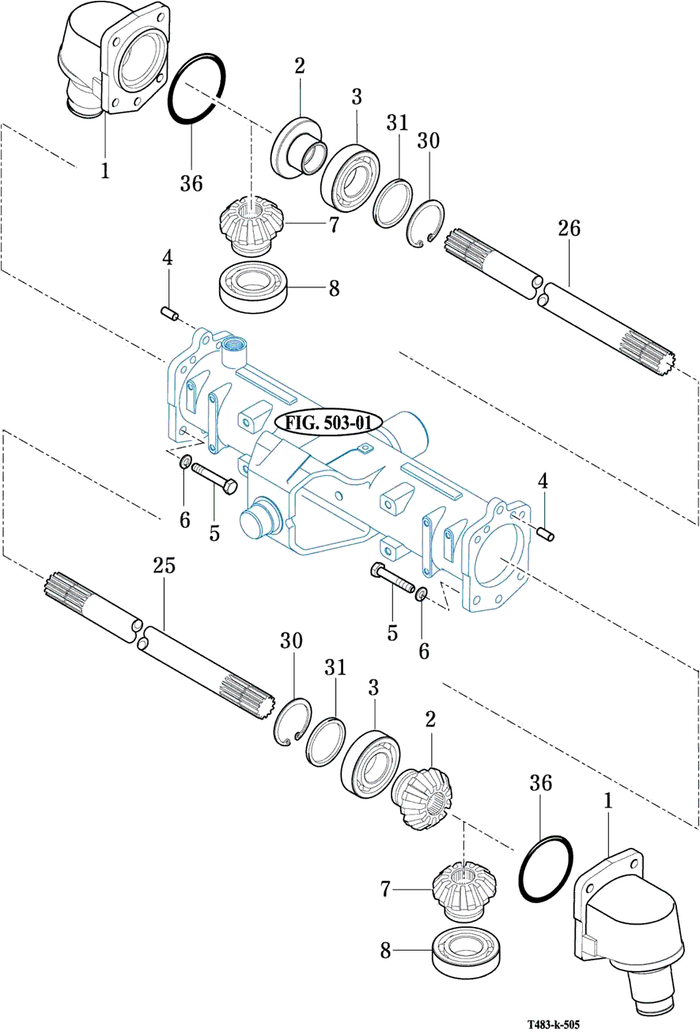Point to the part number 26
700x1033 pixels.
tap(569, 230)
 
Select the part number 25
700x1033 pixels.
tap(164, 566)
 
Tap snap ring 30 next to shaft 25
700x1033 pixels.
tap(291, 720)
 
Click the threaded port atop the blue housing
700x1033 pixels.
tap(234, 345)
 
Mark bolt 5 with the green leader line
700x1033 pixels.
tap(214, 479)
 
